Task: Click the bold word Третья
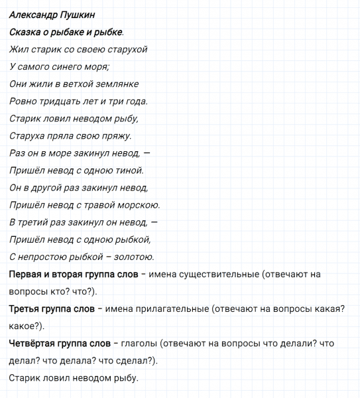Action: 27,308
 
